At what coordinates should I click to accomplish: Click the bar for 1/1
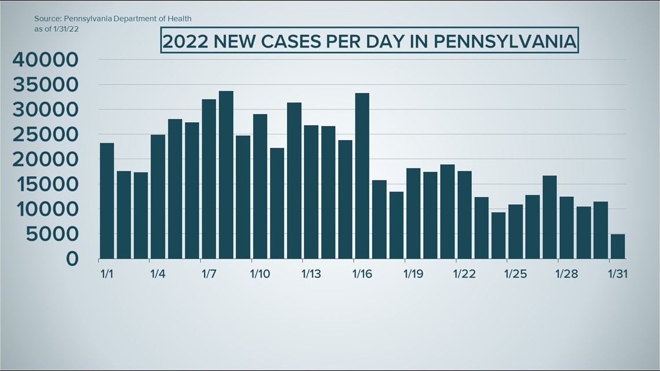(107, 200)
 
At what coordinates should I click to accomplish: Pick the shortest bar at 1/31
(618, 246)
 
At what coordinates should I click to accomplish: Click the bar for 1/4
(157, 196)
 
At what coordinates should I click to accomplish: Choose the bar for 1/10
(260, 186)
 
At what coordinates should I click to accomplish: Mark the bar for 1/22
(464, 215)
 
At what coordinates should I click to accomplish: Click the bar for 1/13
(311, 192)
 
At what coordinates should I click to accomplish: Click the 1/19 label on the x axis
(413, 273)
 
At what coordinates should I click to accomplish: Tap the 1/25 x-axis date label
(515, 273)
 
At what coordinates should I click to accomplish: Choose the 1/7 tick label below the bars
(209, 273)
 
